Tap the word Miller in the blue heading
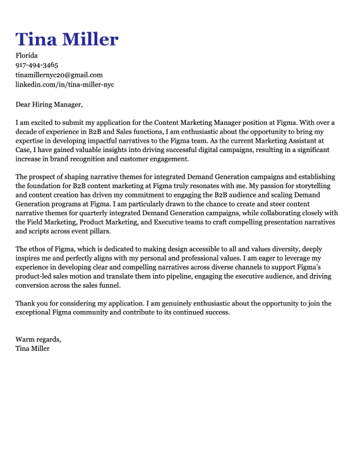click(x=88, y=39)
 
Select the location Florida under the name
click(x=27, y=56)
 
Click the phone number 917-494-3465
click(x=37, y=65)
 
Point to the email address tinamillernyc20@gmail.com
click(x=59, y=74)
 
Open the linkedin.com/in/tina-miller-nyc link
click(x=65, y=84)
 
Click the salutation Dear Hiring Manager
click(x=49, y=104)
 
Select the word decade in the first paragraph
click(x=27, y=132)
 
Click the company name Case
click(x=23, y=151)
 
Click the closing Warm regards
click(x=38, y=340)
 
